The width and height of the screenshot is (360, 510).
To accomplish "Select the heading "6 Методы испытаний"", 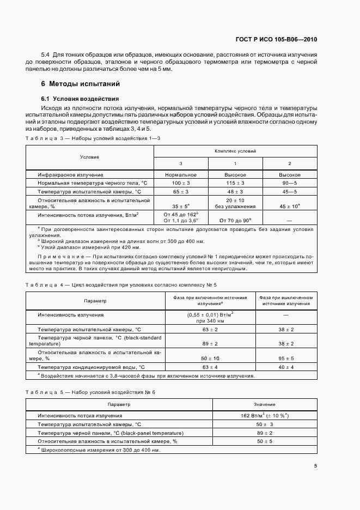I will tap(81, 84).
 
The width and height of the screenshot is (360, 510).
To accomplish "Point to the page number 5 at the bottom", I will tap(315, 465).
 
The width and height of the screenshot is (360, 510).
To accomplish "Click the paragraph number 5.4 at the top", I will tap(46, 55).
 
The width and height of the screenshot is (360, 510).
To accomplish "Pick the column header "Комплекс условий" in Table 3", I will tap(235, 150).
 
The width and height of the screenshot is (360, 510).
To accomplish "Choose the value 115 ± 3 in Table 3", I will tap(235, 183).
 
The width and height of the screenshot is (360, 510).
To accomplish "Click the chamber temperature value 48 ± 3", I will tap(235, 192).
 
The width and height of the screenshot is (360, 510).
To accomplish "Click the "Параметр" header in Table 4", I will tap(95, 301).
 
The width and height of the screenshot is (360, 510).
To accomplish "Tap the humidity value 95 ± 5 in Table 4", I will tap(286, 358).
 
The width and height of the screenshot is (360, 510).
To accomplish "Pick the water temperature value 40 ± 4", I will tap(286, 368).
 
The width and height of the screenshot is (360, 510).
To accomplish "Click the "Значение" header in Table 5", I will tap(265, 405).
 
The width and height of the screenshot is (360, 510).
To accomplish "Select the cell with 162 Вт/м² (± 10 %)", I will tap(265, 415).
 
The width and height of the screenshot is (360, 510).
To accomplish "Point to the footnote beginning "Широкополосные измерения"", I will tap(99, 450).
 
